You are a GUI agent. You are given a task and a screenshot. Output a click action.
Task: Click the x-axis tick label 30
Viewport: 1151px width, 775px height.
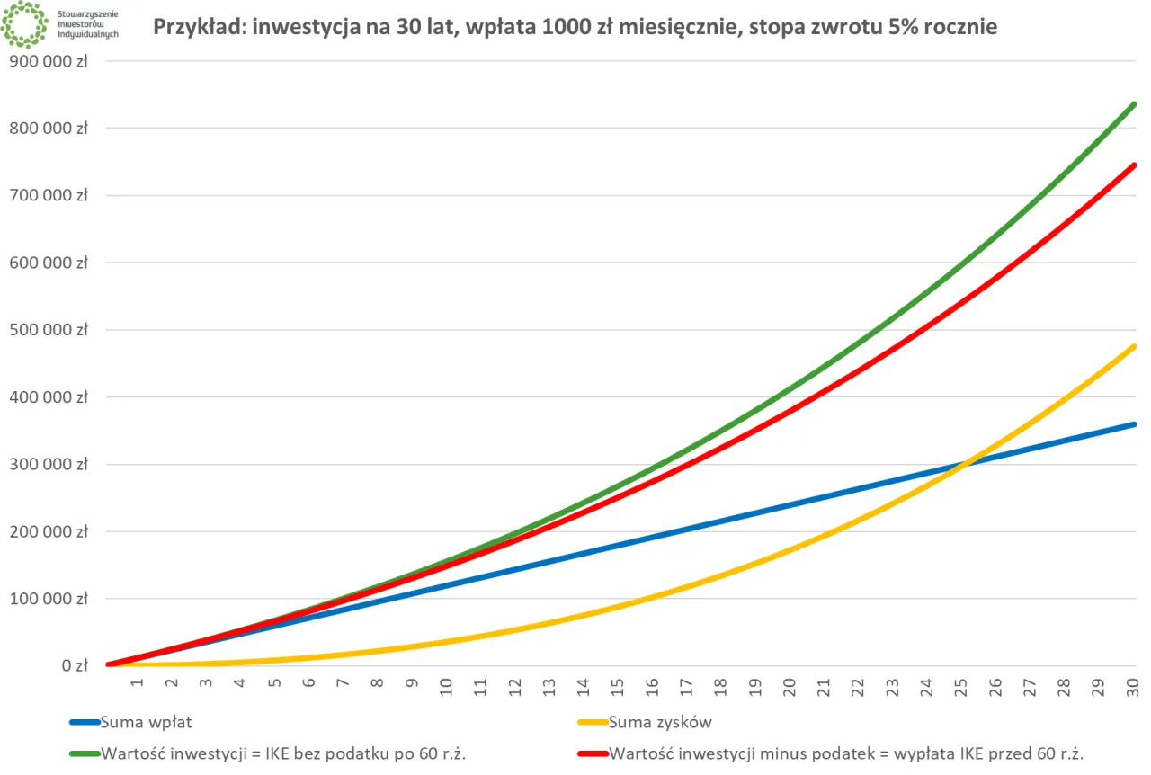coord(1133,685)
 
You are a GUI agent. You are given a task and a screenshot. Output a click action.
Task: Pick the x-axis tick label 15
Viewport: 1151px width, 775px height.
coord(618,685)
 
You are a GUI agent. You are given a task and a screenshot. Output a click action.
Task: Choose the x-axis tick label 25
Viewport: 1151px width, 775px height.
coord(961,685)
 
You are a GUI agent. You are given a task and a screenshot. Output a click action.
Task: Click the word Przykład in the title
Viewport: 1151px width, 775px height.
coord(199,27)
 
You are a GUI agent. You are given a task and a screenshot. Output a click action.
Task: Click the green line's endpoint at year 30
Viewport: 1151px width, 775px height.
coord(1134,104)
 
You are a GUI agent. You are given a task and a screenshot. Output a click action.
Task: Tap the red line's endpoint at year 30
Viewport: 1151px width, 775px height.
coord(1134,165)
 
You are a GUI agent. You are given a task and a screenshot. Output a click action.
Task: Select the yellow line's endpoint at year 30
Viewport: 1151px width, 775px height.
coord(1134,346)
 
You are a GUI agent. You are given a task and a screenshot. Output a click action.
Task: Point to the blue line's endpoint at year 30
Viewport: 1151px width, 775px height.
coord(1134,424)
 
